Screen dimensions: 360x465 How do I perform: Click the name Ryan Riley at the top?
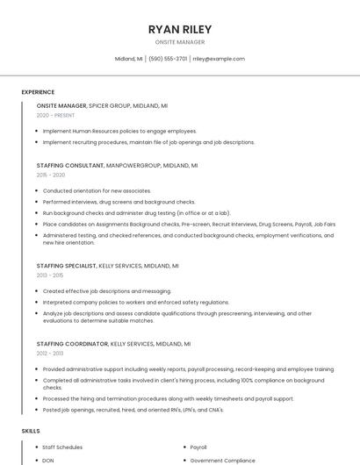[x=180, y=29]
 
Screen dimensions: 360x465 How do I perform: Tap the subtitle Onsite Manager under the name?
[x=180, y=42]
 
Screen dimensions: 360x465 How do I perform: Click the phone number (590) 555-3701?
[x=168, y=59]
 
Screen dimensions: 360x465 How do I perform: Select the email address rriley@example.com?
[x=219, y=59]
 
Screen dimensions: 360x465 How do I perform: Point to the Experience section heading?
[x=38, y=92]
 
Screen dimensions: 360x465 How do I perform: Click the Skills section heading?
[x=31, y=431]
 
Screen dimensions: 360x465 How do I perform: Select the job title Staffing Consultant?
[x=69, y=165]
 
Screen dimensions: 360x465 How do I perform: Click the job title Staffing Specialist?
[x=66, y=265]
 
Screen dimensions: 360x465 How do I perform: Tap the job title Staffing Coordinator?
[x=72, y=344]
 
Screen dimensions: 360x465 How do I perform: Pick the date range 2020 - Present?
[x=55, y=115]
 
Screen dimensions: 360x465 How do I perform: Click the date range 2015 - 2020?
[x=51, y=175]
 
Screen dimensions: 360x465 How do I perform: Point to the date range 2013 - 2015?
[x=50, y=275]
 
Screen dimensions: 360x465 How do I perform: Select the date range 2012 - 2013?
[x=50, y=354]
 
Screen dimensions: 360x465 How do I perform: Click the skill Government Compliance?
[x=223, y=460]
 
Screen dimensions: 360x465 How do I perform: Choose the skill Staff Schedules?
[x=62, y=447]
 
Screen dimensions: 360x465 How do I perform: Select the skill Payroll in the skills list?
[x=198, y=447]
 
